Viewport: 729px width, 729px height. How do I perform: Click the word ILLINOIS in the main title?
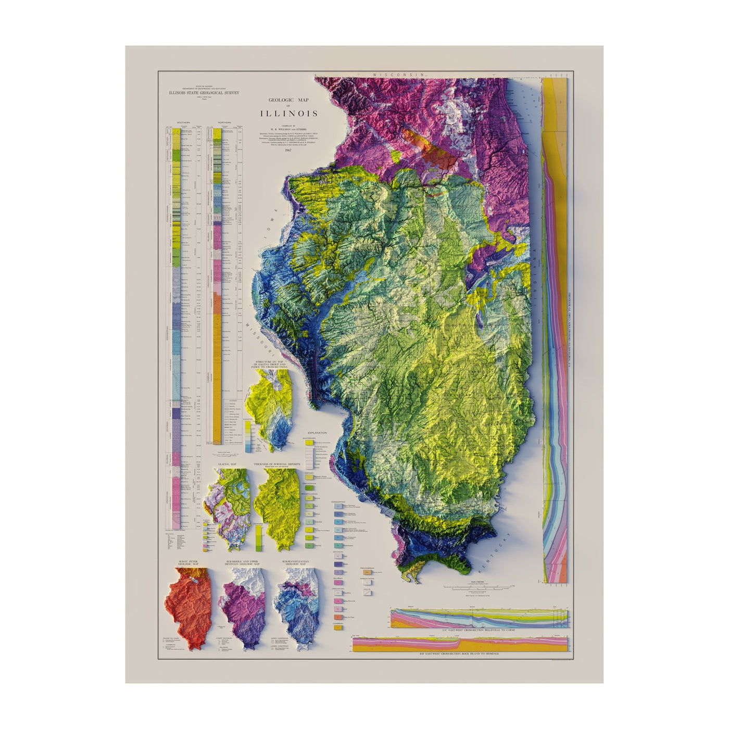(x=290, y=114)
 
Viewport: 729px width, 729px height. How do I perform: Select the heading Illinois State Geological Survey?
(x=203, y=93)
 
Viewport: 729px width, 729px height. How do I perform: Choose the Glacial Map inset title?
(x=227, y=463)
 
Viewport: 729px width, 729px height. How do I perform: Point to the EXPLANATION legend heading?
(x=317, y=433)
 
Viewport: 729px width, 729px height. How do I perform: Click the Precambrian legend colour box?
(x=365, y=571)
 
